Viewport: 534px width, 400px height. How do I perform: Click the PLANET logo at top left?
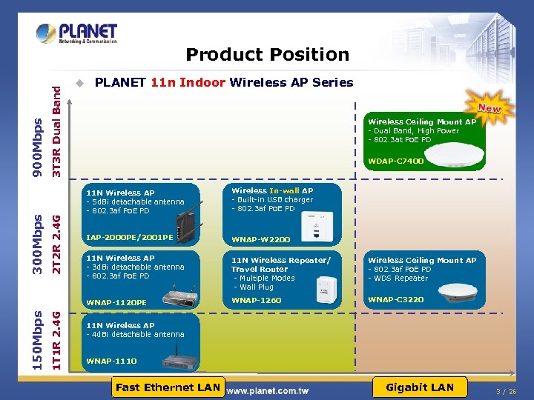click(x=76, y=33)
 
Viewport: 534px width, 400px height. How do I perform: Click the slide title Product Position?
click(x=267, y=55)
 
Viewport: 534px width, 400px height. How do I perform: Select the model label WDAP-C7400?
click(x=396, y=161)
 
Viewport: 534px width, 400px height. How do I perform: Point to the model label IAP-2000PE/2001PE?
click(x=130, y=238)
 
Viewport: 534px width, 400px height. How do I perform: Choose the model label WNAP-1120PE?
click(x=117, y=302)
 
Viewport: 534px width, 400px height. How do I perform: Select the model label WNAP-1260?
click(x=257, y=300)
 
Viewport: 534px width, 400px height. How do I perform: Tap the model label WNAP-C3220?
click(x=396, y=300)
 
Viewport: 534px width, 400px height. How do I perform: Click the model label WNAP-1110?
click(x=111, y=361)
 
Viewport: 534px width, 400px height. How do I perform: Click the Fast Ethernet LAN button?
click(x=168, y=387)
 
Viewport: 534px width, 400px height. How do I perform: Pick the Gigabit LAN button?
click(x=420, y=387)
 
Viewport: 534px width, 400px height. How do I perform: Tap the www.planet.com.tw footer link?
click(x=267, y=390)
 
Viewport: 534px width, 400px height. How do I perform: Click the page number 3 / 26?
click(x=506, y=391)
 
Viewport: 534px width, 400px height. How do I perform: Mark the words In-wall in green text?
click(x=283, y=191)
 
